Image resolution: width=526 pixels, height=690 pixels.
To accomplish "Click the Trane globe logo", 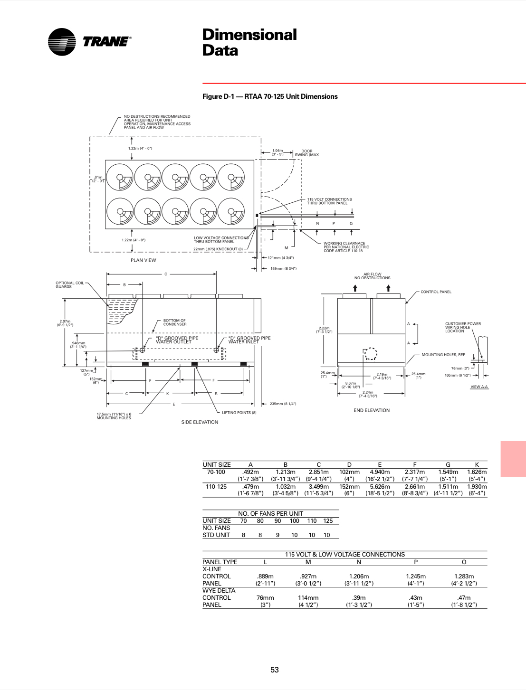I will point(62,42).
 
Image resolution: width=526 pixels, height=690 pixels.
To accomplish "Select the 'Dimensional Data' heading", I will point(249,42).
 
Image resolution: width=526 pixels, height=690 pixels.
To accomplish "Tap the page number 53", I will point(275,670).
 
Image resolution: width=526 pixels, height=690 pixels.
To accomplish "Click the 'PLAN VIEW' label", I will point(143,260).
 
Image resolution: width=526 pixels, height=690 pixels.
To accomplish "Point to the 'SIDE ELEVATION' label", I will point(200,422).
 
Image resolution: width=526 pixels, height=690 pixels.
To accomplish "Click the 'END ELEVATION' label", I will point(372,410).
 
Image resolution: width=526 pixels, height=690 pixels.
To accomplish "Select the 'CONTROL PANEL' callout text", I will point(436,292).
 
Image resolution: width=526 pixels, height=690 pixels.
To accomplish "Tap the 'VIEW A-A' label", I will point(479,387).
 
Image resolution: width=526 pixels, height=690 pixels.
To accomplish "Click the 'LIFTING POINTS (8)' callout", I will point(239,413).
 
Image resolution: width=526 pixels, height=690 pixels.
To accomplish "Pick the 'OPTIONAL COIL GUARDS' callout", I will point(69,285).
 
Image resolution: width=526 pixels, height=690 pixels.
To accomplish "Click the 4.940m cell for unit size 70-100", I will point(380,472).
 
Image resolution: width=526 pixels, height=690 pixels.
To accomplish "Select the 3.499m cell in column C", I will point(318,487).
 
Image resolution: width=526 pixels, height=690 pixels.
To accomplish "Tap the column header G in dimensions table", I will point(448,465).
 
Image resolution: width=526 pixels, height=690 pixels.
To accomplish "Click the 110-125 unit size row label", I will point(216,487).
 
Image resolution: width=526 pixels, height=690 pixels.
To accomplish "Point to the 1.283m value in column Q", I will point(464,577).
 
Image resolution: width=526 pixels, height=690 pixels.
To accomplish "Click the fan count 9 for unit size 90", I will point(277,535).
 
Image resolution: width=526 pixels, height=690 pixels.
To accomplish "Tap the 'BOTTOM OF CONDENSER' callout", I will point(175,322).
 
